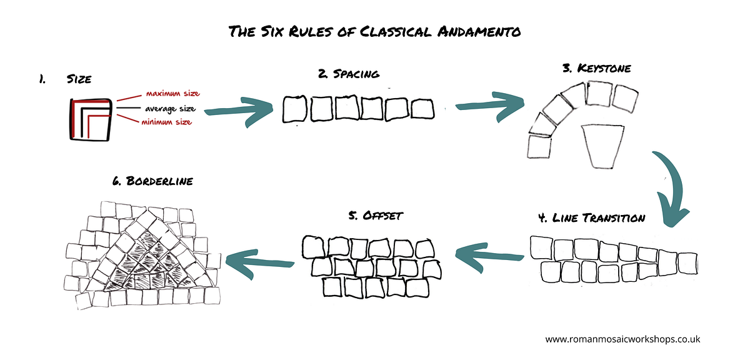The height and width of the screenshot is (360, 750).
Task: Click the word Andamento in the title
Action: [479, 32]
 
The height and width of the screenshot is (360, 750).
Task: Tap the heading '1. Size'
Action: [65, 79]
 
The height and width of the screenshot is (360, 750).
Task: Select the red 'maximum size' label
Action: [172, 93]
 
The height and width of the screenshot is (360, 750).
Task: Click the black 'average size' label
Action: [170, 109]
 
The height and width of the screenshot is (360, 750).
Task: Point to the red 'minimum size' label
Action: [166, 122]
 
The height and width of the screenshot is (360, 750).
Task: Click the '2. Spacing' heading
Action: [349, 74]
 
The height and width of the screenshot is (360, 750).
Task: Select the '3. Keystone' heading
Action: [597, 68]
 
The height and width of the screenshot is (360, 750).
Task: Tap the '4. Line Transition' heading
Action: [591, 218]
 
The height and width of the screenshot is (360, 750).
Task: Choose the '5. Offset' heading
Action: [376, 216]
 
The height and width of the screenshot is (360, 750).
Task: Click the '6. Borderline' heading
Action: [152, 181]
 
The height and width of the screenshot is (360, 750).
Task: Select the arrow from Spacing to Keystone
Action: [491, 105]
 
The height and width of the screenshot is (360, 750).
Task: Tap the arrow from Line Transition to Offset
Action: [489, 256]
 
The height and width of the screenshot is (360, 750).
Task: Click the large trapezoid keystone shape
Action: [602, 147]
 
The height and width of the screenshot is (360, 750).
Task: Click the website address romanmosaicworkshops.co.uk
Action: [622, 339]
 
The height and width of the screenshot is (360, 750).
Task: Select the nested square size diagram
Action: [91, 119]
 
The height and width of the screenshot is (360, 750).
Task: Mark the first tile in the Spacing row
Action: [294, 109]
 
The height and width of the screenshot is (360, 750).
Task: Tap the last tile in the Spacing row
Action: [422, 109]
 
